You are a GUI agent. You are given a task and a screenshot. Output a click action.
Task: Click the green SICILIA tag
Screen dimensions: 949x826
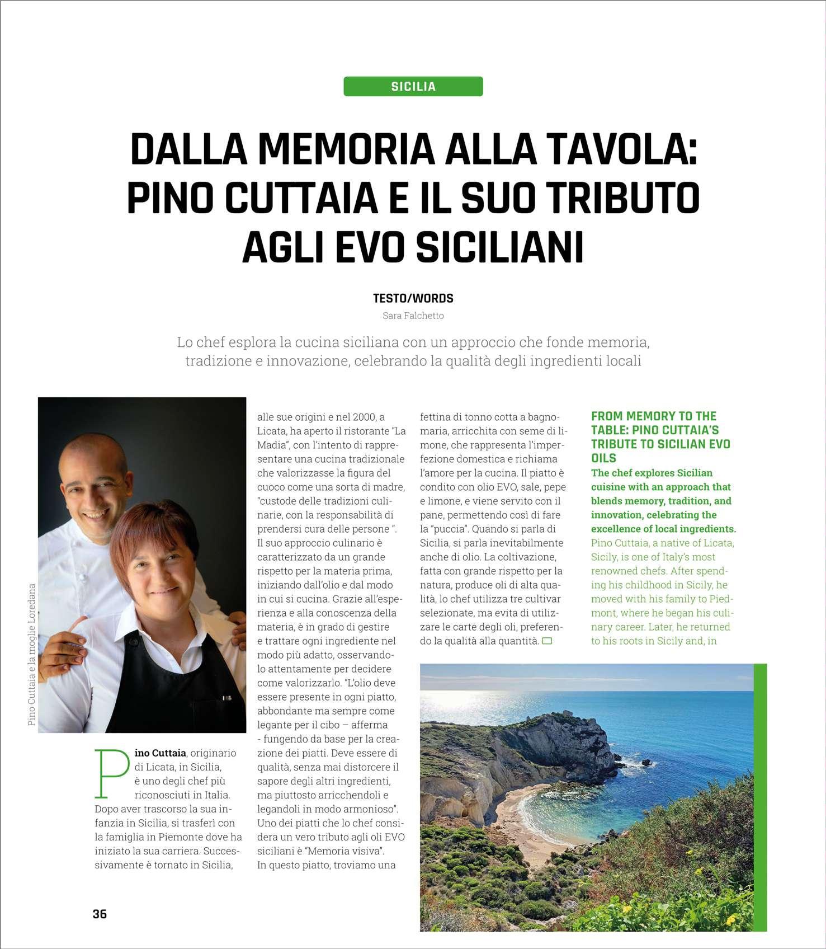tap(413, 86)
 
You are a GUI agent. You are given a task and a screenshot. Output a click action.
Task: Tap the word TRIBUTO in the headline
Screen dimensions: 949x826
tap(627, 199)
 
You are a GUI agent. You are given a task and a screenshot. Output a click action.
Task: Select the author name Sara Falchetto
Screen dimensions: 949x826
tap(413, 316)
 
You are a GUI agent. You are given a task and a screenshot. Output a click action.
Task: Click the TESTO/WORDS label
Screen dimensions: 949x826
tap(413, 298)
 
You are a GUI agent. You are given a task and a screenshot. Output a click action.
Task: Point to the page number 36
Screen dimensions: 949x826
tap(100, 914)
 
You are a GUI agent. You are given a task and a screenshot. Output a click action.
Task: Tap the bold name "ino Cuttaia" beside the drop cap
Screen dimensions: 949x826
tap(161, 753)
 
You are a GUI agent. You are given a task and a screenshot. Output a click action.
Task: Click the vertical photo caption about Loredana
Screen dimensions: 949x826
tap(31, 655)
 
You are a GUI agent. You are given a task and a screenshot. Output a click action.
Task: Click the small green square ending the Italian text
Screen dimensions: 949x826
tap(547, 641)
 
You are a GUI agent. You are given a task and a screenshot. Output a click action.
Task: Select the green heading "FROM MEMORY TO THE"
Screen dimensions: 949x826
tap(653, 416)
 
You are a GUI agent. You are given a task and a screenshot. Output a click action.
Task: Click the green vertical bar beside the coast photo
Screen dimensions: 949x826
tap(760, 797)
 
